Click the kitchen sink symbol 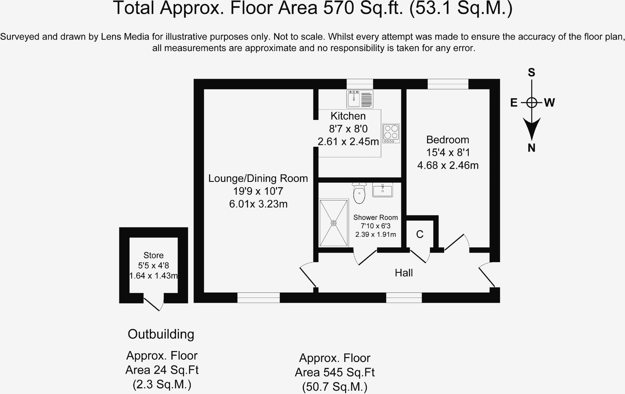tap(360, 99)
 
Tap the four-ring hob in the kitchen tap(391, 133)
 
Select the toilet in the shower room tap(359, 193)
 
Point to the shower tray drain tap(334, 223)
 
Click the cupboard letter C tap(420, 234)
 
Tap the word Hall tap(404, 273)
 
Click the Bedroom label tap(448, 139)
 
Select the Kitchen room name tap(348, 116)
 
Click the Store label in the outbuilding tap(154, 255)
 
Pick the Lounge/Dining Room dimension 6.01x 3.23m tap(258, 204)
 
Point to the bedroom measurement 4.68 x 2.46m tap(448, 165)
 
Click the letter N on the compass tap(532, 148)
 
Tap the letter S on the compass tap(532, 72)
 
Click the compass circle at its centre tap(532, 103)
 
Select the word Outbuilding tap(161, 334)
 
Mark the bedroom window tap(448, 84)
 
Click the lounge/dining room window tap(258, 298)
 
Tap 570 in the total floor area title tap(338, 8)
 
